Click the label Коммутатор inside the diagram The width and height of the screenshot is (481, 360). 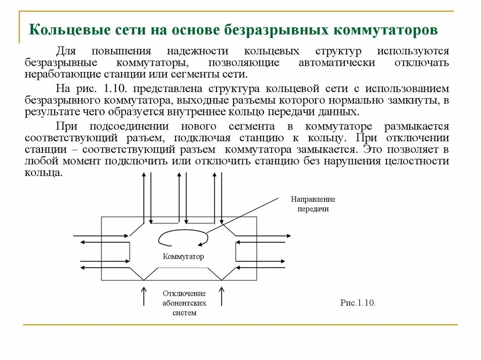[184, 257]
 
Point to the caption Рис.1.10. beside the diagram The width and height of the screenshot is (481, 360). [358, 303]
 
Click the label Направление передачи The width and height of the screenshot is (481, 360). [313, 204]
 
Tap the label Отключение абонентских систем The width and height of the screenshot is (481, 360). [185, 303]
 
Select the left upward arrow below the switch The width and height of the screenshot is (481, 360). [144, 295]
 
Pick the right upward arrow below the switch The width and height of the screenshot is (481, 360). [222, 295]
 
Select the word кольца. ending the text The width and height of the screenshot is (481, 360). [43, 172]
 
